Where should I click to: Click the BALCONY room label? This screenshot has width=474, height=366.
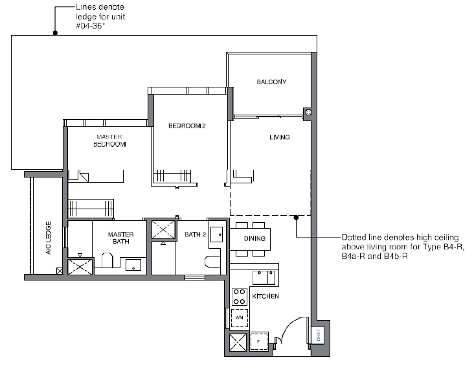click(x=271, y=82)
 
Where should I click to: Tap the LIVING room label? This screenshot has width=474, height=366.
click(x=279, y=137)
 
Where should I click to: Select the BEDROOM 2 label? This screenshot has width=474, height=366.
click(x=187, y=126)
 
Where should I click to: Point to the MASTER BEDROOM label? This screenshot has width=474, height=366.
click(x=109, y=141)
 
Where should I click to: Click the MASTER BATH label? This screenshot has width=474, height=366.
click(x=120, y=238)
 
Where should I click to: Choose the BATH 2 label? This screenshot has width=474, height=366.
click(x=196, y=234)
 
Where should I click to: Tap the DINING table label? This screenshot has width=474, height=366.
click(x=254, y=238)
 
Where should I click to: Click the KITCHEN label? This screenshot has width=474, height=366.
click(x=265, y=297)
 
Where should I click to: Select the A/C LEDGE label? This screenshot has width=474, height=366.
click(x=49, y=238)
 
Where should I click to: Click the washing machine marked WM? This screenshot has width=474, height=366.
click(x=240, y=317)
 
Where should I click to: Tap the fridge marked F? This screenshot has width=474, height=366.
click(x=259, y=341)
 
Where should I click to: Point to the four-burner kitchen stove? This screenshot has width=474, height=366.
click(x=240, y=297)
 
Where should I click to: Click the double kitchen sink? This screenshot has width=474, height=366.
click(x=264, y=278)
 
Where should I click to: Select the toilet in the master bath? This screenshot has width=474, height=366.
click(x=107, y=260)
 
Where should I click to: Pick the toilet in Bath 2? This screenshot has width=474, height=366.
click(x=212, y=262)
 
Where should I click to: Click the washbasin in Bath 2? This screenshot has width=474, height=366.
click(x=217, y=234)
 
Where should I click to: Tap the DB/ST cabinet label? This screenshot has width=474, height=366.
click(x=319, y=335)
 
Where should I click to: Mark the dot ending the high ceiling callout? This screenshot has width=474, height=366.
click(x=297, y=218)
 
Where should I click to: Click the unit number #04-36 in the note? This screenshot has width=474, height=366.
click(x=90, y=26)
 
